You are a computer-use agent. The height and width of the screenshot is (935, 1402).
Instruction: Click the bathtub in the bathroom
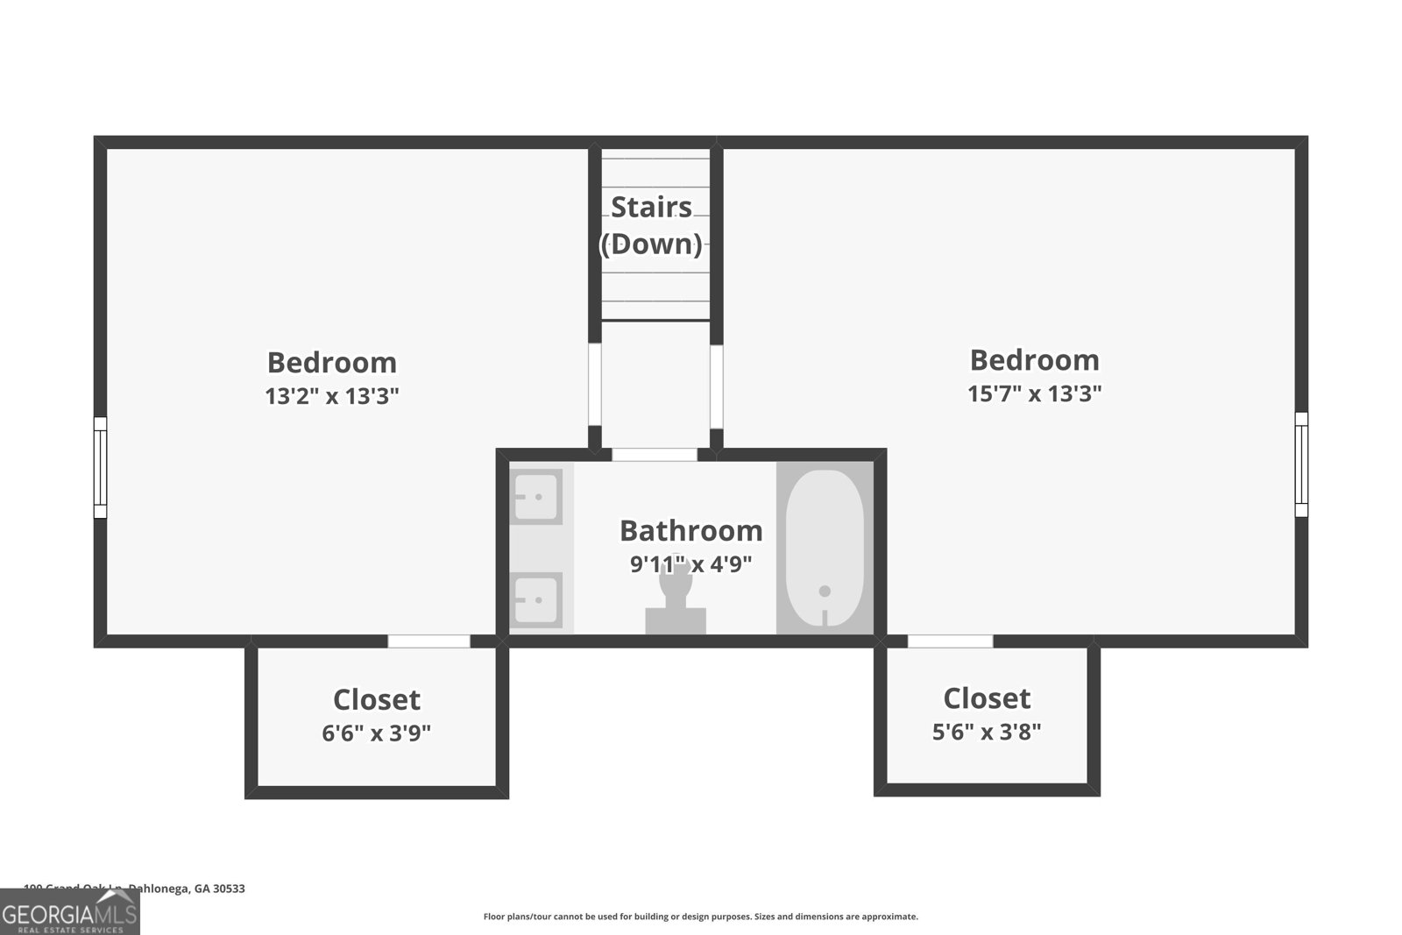click(x=825, y=548)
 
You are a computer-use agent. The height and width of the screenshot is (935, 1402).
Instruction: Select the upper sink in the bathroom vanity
click(x=535, y=497)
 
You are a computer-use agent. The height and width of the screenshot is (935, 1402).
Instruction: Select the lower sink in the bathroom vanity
click(x=535, y=599)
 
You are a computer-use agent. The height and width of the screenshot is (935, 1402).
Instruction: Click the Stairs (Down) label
click(x=651, y=225)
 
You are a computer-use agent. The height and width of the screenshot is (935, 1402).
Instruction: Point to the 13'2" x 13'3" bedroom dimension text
click(x=332, y=396)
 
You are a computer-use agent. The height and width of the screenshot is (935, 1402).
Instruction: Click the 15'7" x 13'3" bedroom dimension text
click(x=1034, y=393)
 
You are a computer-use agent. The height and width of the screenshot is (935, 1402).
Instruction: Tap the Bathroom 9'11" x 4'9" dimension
click(x=690, y=563)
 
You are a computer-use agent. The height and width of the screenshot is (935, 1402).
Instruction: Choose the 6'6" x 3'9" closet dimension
click(x=376, y=733)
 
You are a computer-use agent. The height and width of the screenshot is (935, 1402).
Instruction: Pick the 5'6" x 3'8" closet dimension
click(x=987, y=731)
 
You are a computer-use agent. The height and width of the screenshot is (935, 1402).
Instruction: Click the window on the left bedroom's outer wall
click(x=100, y=467)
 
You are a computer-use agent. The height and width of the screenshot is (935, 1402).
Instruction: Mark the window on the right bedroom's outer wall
click(x=1301, y=464)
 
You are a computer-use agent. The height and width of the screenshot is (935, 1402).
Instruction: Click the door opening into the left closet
click(x=428, y=641)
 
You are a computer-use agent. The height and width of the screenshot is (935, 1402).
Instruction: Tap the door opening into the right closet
click(x=950, y=641)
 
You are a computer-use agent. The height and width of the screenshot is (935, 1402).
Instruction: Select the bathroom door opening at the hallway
click(x=654, y=455)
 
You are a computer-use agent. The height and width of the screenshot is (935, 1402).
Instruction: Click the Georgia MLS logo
click(x=69, y=914)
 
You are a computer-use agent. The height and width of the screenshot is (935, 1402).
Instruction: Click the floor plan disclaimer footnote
click(x=700, y=917)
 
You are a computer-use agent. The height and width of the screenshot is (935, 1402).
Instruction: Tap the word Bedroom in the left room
click(x=332, y=362)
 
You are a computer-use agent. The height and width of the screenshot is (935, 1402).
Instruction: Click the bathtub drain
click(x=825, y=591)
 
